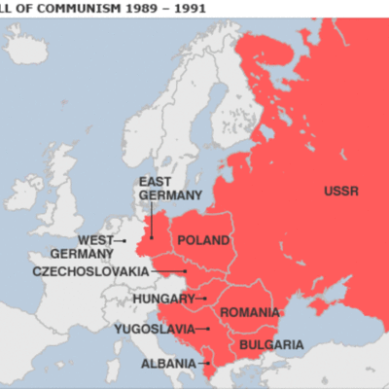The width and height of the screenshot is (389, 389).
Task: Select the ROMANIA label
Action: tap(249, 312)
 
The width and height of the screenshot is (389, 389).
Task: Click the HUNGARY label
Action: tap(162, 298)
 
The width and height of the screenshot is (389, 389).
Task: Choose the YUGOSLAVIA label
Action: tap(152, 330)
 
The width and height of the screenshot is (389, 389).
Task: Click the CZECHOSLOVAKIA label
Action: tap(90, 271)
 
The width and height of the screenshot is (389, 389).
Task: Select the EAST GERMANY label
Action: tap(170, 189)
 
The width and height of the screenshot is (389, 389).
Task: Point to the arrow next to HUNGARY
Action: tap(201, 298)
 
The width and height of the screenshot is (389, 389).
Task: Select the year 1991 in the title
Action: tap(214, 7)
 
